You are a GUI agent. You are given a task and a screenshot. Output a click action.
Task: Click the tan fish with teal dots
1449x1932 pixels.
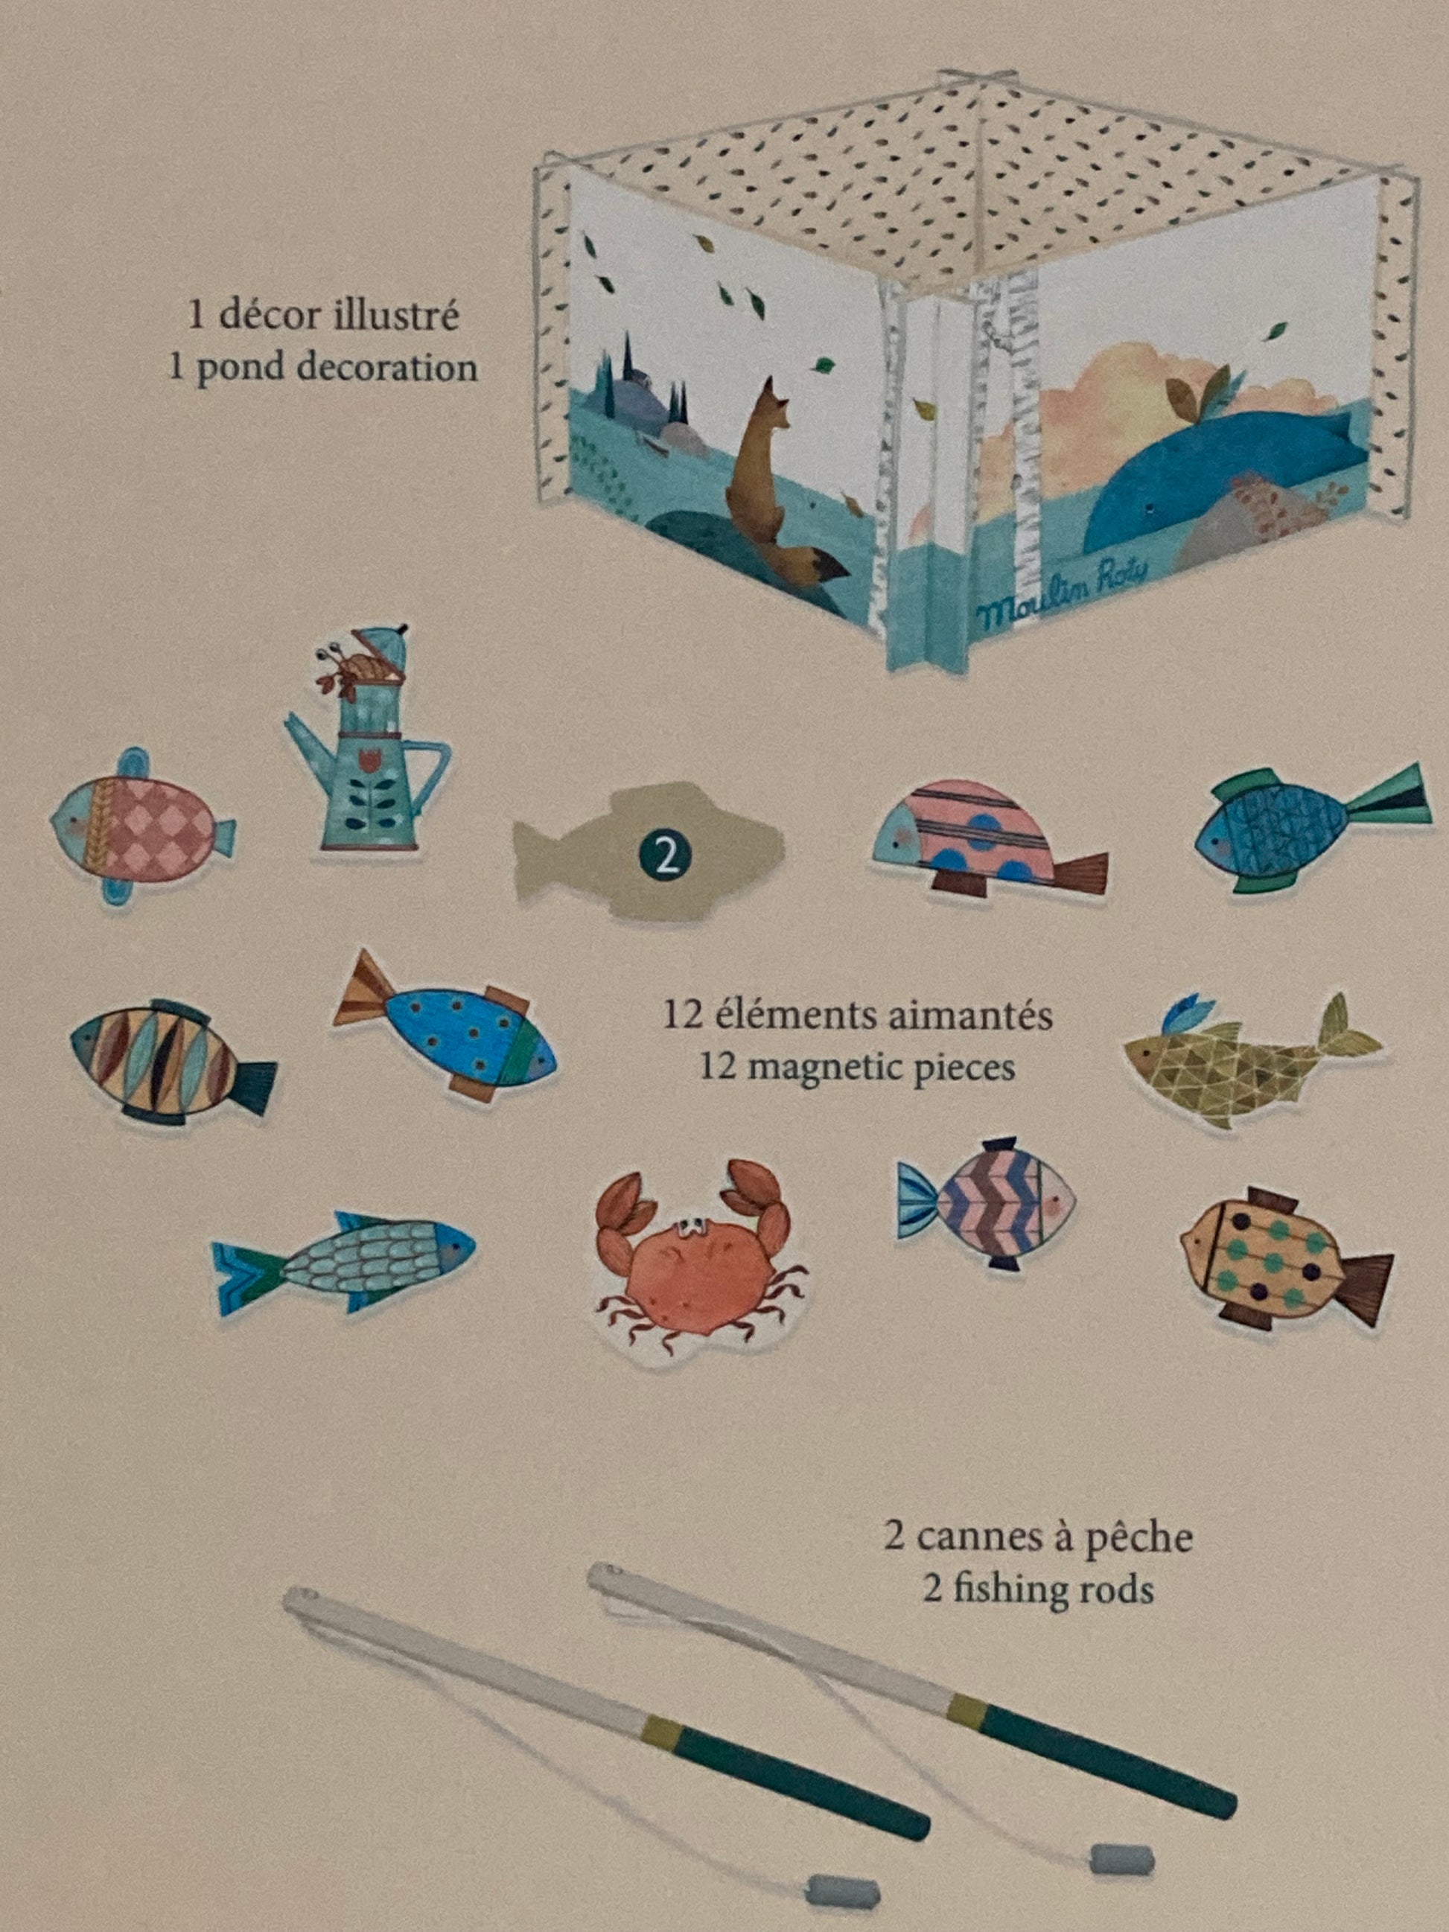(1284, 1257)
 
